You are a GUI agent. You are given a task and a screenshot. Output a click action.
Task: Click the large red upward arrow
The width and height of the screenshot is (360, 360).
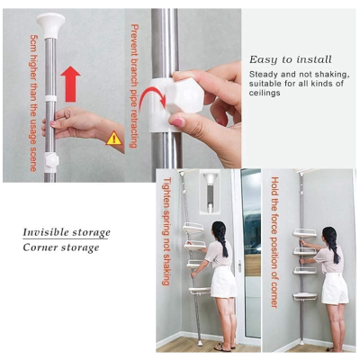[70, 85]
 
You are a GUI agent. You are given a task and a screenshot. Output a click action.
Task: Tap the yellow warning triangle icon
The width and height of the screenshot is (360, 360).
[113, 139]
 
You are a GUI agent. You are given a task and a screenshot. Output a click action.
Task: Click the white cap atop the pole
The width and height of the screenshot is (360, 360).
[50, 26]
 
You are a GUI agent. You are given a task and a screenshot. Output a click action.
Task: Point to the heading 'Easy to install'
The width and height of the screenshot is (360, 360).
[291, 59]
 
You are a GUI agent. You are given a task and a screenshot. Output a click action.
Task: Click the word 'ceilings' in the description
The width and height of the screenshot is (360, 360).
[265, 93]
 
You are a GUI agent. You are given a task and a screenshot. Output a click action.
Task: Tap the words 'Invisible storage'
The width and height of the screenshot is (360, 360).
[67, 232]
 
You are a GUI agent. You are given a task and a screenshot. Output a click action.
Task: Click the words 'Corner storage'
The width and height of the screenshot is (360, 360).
[61, 247]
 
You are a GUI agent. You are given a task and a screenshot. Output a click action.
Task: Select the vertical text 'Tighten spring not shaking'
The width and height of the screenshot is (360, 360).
[166, 231]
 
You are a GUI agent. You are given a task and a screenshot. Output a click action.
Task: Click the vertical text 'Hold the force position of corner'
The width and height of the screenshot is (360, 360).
[274, 242]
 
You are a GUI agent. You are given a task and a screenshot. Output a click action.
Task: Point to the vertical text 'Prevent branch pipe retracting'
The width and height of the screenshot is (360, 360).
[134, 86]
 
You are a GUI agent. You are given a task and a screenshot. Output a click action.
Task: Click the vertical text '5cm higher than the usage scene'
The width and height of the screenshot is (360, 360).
[33, 103]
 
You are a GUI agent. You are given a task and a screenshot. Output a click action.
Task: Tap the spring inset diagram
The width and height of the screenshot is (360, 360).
[210, 193]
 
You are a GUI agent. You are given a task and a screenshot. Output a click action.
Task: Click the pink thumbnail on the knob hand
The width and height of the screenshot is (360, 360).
[177, 121]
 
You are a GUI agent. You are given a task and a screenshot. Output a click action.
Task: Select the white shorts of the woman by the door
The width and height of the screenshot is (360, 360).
[223, 282]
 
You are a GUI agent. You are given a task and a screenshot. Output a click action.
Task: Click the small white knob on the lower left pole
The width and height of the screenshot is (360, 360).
[51, 159]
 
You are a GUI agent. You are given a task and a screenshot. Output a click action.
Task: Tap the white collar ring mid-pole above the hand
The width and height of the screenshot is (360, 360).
[50, 98]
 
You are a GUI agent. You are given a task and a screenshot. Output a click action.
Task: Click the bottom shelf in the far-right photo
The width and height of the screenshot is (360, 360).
[304, 296]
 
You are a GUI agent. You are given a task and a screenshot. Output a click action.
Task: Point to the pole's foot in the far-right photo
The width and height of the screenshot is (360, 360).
[301, 342]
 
